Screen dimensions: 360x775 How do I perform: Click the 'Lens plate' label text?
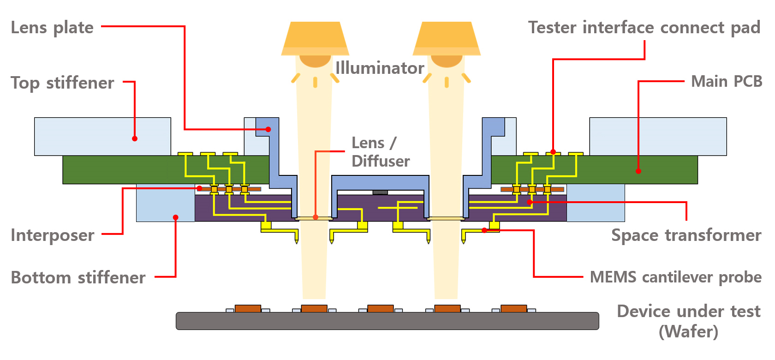click(x=52, y=28)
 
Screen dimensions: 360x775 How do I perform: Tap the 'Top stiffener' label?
click(x=62, y=83)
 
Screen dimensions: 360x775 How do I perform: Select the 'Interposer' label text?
click(x=53, y=235)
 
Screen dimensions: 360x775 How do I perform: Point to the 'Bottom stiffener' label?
click(x=78, y=278)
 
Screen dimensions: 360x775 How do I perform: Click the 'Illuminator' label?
click(x=380, y=68)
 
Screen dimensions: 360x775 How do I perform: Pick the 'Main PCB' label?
click(x=727, y=82)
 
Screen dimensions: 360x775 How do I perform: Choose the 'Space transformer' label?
click(x=686, y=235)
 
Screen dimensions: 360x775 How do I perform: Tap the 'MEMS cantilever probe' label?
click(x=676, y=277)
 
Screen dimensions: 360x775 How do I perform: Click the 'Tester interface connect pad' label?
click(x=644, y=28)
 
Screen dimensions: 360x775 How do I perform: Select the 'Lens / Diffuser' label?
click(x=380, y=152)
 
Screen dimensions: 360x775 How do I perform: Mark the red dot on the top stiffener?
click(x=135, y=138)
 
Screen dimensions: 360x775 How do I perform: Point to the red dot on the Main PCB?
click(x=638, y=171)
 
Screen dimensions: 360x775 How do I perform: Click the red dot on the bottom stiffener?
click(x=175, y=217)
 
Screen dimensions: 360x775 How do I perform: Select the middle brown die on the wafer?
click(x=380, y=308)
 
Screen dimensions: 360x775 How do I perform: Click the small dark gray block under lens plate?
click(x=380, y=192)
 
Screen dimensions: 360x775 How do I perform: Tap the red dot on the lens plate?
click(x=268, y=130)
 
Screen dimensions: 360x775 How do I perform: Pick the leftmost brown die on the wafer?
click(x=248, y=308)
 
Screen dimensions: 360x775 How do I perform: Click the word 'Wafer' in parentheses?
click(x=688, y=331)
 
